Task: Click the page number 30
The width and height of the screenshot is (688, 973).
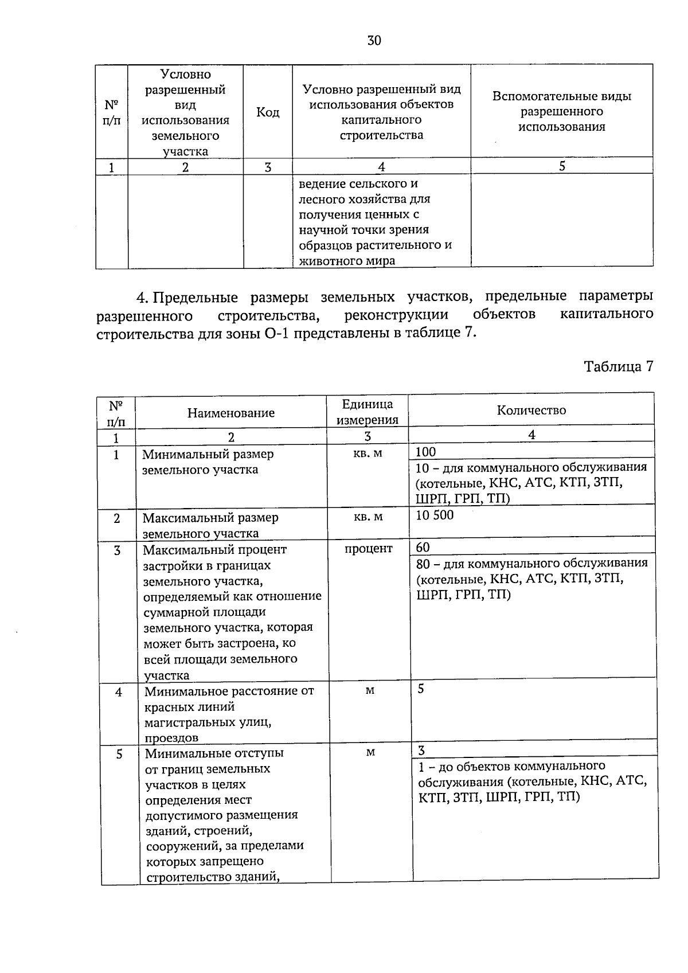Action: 373,41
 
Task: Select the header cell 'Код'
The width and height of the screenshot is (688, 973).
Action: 267,112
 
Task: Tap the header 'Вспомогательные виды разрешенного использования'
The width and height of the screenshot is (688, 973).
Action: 561,112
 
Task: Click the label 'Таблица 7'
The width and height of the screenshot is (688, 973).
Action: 618,367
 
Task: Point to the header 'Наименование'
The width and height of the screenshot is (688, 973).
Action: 231,413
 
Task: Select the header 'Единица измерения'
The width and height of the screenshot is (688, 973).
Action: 367,412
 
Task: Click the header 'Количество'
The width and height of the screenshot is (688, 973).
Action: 531,411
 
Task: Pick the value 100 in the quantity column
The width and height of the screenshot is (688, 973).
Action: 426,452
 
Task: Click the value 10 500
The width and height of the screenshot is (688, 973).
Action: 435,515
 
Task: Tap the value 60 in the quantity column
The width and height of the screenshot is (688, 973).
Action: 423,547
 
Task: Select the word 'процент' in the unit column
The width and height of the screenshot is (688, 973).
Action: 368,549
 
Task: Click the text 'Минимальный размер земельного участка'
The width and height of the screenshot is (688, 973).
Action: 208,462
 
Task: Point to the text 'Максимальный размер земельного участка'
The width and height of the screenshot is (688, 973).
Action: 210,525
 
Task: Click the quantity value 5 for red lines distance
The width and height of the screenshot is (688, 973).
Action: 421,689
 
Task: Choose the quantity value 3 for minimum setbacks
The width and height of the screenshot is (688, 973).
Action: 421,751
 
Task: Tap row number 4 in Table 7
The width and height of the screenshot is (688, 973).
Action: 119,692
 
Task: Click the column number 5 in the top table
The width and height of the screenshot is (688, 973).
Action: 562,166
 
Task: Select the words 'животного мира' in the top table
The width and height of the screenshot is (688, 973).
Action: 346,260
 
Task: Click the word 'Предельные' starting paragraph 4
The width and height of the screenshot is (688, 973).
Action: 196,298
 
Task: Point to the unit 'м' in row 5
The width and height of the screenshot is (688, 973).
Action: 370,752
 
